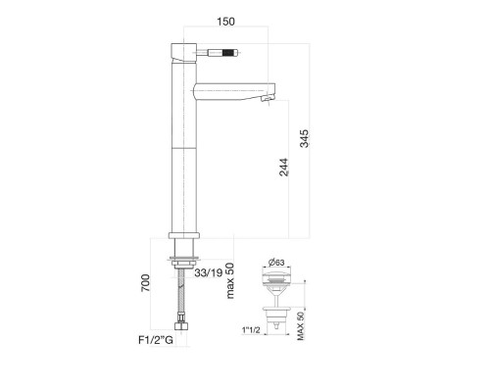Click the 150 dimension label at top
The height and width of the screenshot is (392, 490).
(225, 22)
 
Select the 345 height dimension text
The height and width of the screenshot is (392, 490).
(304, 138)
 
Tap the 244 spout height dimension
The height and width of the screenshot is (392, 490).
(284, 168)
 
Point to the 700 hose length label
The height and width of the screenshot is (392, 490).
(145, 283)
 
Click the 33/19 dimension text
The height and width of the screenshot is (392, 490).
(209, 272)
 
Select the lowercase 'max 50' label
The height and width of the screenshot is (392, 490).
(230, 280)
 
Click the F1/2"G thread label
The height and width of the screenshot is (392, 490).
(156, 340)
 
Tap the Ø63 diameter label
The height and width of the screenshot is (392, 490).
(276, 263)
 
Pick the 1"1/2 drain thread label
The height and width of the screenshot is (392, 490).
(251, 330)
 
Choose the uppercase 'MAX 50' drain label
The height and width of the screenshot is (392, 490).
(301, 326)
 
